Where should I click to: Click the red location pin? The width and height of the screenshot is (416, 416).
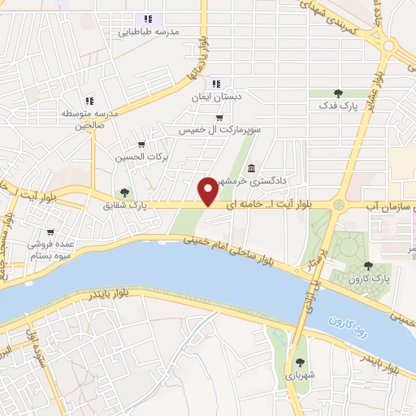pos(209,190)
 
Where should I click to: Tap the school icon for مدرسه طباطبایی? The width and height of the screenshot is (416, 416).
pos(148,19)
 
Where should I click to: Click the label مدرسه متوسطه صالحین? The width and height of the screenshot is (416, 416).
pos(91,119)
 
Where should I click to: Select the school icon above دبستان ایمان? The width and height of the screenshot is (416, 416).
pos(216,83)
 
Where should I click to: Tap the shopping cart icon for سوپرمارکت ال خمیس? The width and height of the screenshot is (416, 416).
pos(196,117)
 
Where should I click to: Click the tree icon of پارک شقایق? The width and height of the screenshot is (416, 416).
pos(123,193)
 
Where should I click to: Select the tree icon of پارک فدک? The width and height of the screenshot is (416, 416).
pos(338,93)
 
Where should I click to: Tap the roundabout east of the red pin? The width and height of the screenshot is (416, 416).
pos(339,206)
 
